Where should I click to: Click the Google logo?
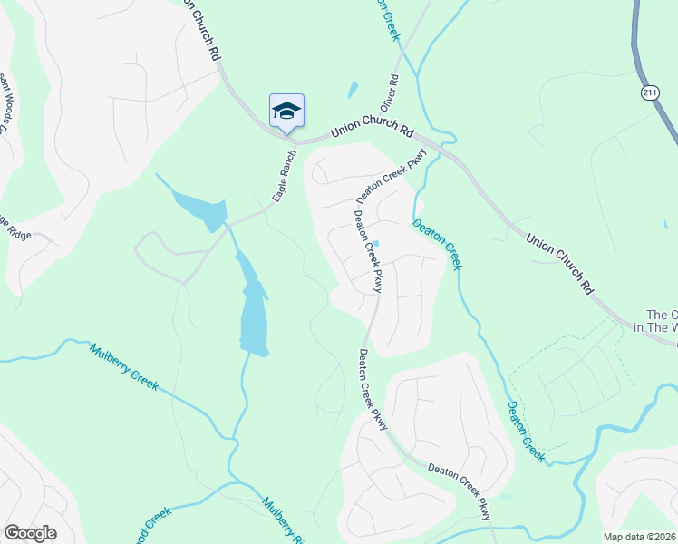point(30,533)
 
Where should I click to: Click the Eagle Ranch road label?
point(284,175)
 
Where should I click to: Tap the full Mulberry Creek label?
point(123,366)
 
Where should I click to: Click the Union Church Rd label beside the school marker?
point(372,125)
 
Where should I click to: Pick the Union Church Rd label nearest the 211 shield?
point(560,262)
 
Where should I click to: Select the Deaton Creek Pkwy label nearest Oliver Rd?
point(391,176)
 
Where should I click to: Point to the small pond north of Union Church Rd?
point(352,91)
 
